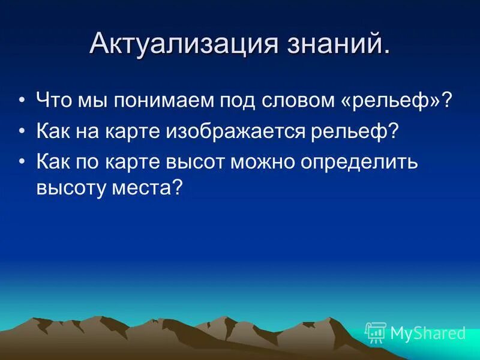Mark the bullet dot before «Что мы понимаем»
22,100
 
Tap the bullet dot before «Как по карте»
22,163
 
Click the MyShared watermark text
428,333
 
